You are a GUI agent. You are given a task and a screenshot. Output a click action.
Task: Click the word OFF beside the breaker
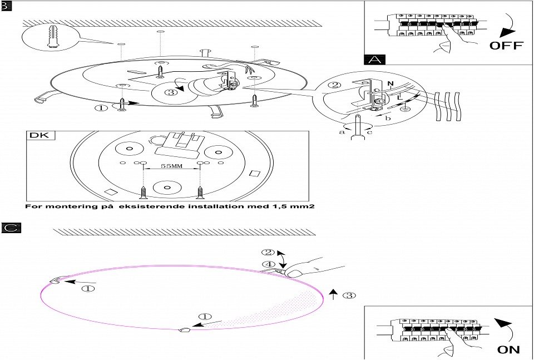(506, 45)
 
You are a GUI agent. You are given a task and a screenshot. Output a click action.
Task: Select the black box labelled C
(11, 227)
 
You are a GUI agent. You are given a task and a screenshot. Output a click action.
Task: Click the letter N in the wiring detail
(390, 85)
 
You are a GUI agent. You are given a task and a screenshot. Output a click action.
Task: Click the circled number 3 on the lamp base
(171, 92)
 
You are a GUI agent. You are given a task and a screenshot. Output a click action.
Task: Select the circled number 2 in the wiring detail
(335, 86)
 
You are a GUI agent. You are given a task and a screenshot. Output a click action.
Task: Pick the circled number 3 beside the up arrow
(349, 295)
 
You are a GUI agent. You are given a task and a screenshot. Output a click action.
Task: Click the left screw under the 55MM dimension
(144, 193)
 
